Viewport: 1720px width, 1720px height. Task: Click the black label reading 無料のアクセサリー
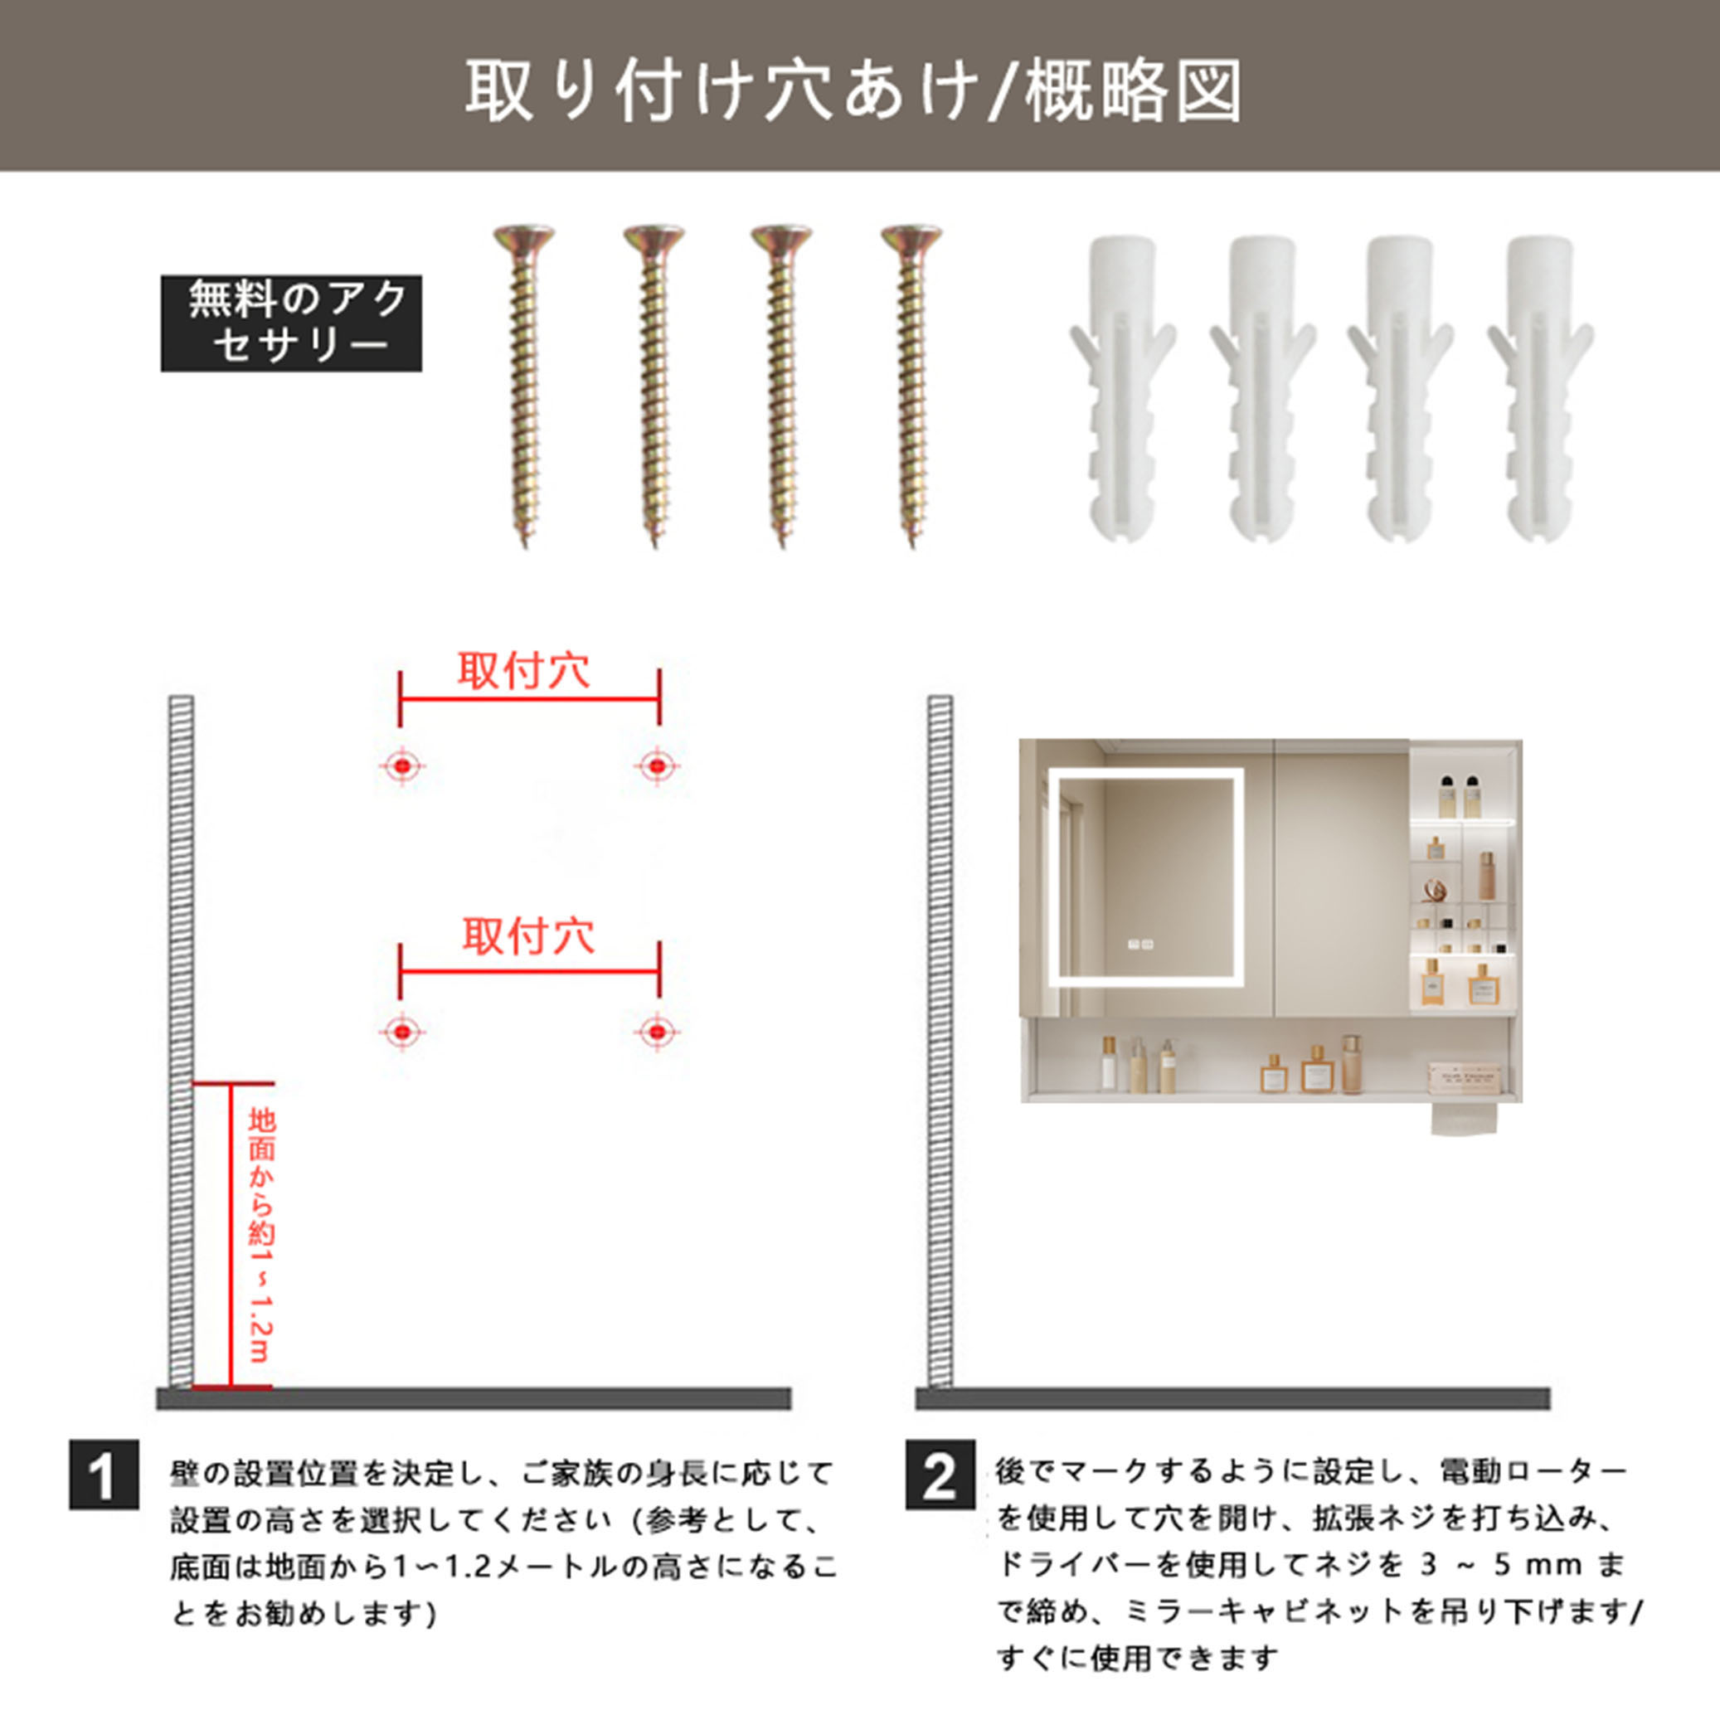(291, 323)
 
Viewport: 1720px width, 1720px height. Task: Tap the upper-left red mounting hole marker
(402, 765)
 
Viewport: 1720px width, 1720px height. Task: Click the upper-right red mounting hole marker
(657, 765)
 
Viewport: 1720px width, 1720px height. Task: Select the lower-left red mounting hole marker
(402, 1031)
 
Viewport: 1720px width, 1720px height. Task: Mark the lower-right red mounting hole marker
(657, 1031)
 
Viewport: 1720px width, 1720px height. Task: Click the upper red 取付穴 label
(524, 671)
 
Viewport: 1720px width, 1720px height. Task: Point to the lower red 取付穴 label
(529, 936)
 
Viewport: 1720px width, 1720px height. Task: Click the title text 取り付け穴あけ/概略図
(853, 90)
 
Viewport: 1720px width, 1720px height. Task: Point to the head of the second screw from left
(654, 238)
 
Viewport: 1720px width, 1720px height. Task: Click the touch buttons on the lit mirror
(1140, 944)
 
